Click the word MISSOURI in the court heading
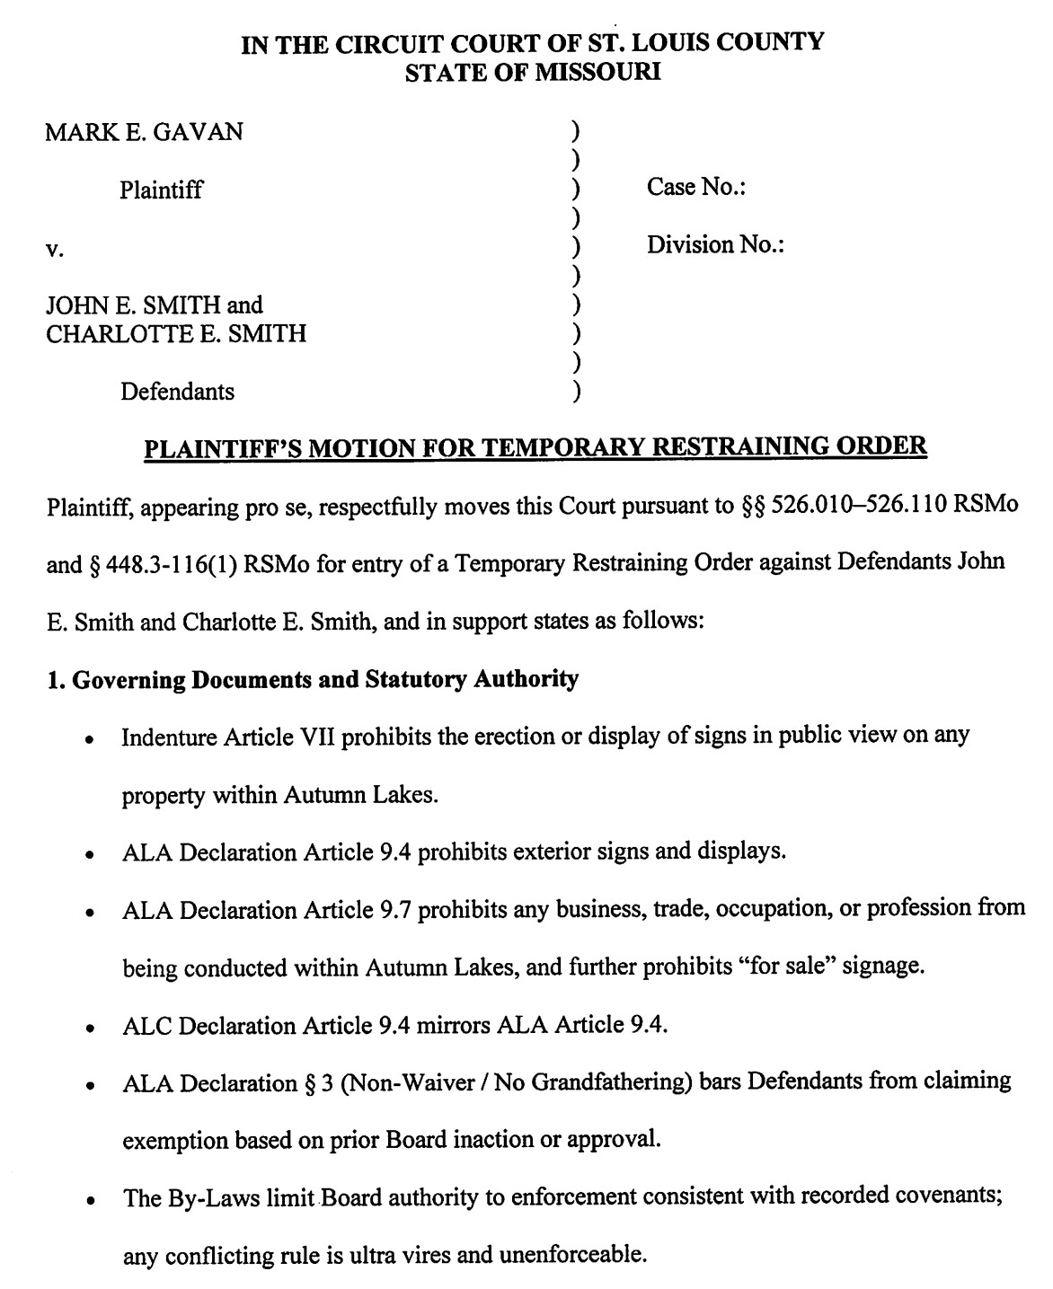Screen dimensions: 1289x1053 tap(597, 73)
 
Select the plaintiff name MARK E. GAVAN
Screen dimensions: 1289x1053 tap(144, 132)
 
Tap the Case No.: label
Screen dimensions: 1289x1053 tap(697, 188)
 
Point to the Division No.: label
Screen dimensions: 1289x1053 tap(716, 245)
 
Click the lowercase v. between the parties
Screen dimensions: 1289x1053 tap(54, 249)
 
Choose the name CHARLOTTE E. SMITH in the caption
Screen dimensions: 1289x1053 tap(176, 334)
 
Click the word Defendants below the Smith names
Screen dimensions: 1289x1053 tap(178, 392)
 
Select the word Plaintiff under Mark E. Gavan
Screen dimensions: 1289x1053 tap(162, 190)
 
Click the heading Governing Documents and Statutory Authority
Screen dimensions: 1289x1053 tap(324, 679)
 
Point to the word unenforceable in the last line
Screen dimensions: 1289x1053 tap(572, 1255)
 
